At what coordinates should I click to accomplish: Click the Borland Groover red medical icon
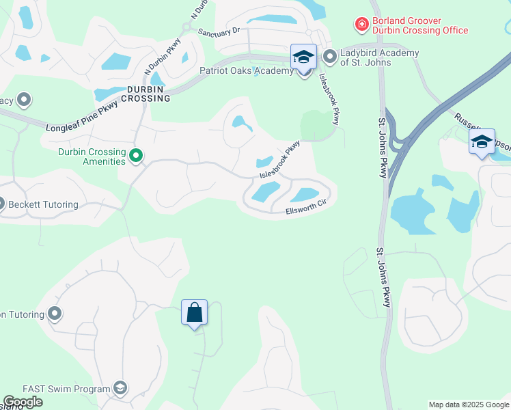[x=361, y=25]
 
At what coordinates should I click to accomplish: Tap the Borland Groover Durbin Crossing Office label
[x=420, y=25]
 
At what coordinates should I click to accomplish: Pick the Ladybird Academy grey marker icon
[x=330, y=57]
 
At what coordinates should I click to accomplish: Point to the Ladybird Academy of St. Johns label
[x=381, y=58]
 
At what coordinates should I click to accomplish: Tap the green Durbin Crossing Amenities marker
[x=136, y=156]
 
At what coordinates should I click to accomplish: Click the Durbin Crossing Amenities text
[x=92, y=156]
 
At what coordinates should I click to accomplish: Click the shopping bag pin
[x=194, y=313]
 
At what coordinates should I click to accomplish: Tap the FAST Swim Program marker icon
[x=120, y=389]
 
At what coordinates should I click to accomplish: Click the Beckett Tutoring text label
[x=44, y=204]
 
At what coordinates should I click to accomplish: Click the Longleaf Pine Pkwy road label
[x=82, y=117]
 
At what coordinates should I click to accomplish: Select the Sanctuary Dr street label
[x=219, y=31]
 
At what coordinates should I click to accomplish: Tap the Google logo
[x=23, y=402]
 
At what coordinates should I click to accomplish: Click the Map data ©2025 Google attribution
[x=469, y=405]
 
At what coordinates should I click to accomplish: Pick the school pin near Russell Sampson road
[x=482, y=143]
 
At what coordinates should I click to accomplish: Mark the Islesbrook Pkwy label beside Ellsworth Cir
[x=279, y=161]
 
